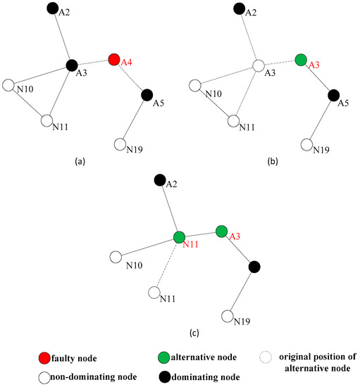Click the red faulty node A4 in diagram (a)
(114, 59)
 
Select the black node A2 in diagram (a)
(51, 8)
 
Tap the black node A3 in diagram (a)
(71, 65)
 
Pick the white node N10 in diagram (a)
(8, 85)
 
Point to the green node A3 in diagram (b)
(301, 60)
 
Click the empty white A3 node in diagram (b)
(259, 66)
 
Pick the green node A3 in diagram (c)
(221, 231)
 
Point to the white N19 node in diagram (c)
(228, 316)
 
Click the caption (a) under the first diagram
(80, 161)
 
